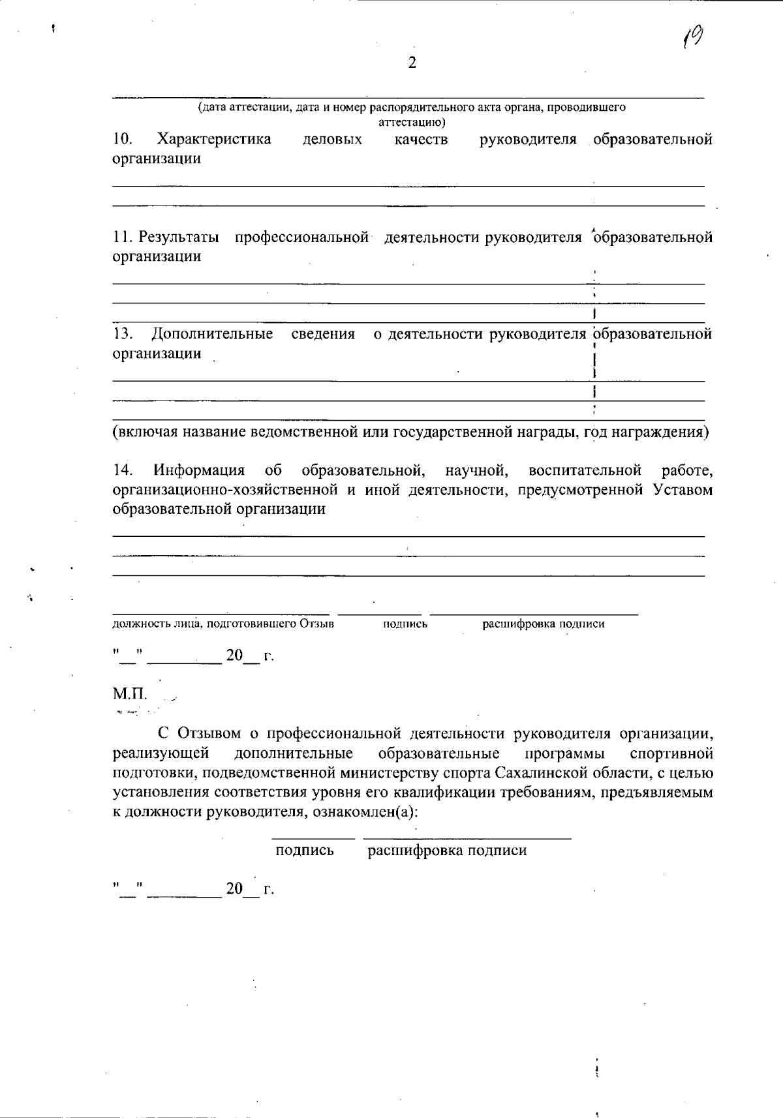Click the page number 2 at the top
point(412,63)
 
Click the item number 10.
point(122,139)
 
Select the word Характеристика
point(214,139)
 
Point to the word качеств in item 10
point(422,139)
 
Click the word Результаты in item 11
point(179,237)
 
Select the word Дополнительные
point(213,335)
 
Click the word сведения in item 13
point(323,335)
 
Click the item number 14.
point(122,470)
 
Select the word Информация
point(199,470)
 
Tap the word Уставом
point(683,490)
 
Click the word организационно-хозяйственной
point(225,490)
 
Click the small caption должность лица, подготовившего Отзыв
point(223,624)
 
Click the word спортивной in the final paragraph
point(672,754)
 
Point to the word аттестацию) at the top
point(412,122)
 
